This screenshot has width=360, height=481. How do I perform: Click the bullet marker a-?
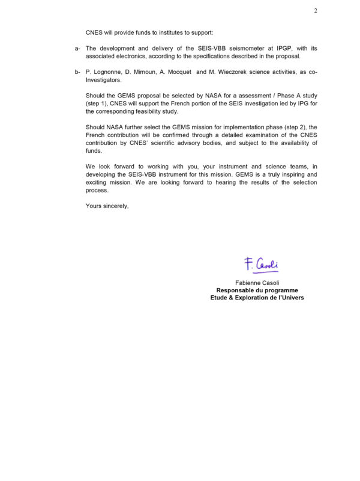pos(77,47)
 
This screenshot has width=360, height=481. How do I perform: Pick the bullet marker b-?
pos(77,72)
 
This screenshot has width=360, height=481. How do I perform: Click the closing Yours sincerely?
pos(107,206)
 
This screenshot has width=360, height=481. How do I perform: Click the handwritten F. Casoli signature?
pos(261,263)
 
